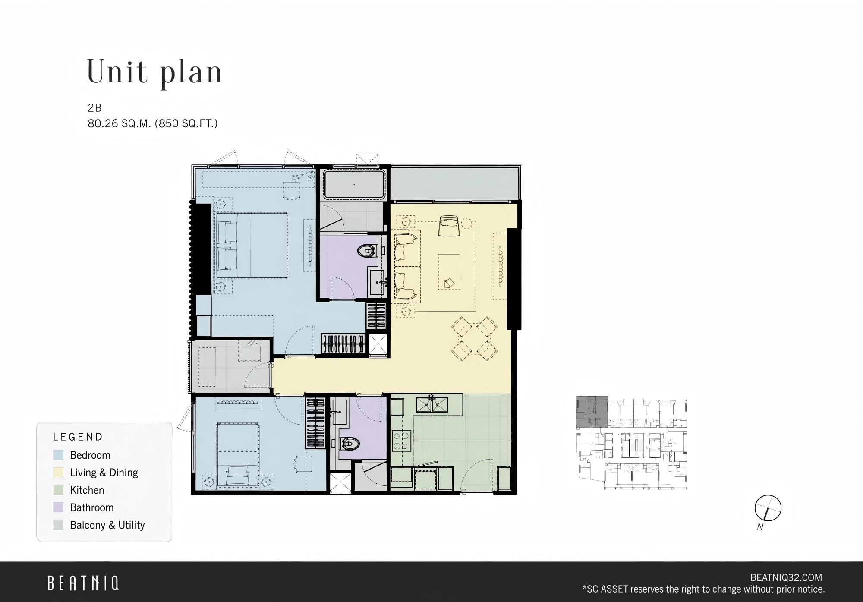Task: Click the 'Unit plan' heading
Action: (154, 72)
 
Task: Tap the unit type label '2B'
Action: (94, 108)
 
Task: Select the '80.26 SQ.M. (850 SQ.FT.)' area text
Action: (153, 124)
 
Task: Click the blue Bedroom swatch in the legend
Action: (58, 455)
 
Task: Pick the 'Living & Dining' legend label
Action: (104, 473)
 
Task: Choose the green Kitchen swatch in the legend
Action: (58, 490)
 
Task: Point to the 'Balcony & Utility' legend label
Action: (107, 525)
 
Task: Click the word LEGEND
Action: (78, 437)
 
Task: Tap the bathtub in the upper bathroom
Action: (354, 185)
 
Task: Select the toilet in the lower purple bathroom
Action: (349, 443)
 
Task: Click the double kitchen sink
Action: (432, 405)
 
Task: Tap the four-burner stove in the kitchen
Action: (400, 441)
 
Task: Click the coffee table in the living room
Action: (449, 271)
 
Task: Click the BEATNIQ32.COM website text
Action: (786, 577)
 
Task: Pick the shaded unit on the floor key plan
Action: (592, 412)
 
